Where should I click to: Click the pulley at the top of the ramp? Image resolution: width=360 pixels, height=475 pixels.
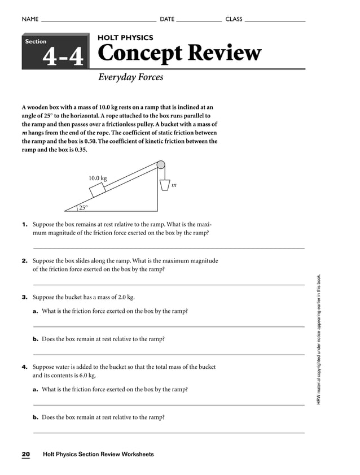coord(161,165)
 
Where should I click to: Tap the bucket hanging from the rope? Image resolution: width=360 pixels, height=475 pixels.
coord(164,185)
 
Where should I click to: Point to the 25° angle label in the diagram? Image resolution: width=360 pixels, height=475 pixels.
coord(83,207)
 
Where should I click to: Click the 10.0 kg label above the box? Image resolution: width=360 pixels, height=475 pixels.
coord(97,178)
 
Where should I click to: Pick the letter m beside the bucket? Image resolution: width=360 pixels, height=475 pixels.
coord(174,185)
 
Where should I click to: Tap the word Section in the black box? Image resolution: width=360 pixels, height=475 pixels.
coord(36,42)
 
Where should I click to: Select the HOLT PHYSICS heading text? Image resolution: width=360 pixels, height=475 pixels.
coord(125,37)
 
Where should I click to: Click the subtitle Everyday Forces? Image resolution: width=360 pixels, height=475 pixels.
coord(130,77)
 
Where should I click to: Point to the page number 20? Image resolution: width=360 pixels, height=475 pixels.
coord(26,454)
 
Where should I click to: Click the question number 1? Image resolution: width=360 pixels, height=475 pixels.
coord(25,224)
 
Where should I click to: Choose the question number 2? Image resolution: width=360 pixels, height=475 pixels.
coord(25,261)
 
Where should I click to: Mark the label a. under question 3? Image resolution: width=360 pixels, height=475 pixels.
coord(36,311)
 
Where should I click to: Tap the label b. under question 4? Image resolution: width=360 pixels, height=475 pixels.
coord(36,417)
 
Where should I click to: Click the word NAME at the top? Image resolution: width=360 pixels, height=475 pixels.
coord(30,19)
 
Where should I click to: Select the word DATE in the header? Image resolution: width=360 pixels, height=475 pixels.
coord(167,19)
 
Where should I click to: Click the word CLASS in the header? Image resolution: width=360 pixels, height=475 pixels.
coord(234,19)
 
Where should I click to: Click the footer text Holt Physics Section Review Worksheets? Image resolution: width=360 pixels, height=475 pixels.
coord(98,454)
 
